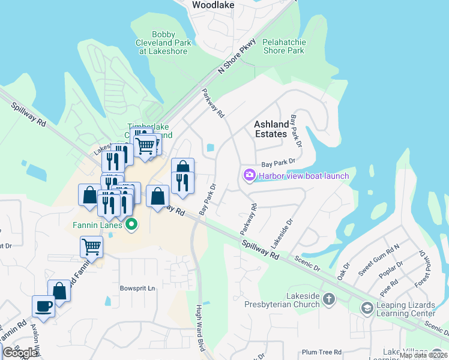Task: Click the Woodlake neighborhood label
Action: (212, 5)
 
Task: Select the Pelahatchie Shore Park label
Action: (283, 46)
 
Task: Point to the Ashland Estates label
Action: (271, 129)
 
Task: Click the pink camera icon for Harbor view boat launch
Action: (249, 175)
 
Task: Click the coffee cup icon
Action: (44, 305)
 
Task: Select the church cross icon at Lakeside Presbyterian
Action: (328, 299)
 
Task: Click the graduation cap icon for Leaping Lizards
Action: (367, 308)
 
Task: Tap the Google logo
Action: (20, 353)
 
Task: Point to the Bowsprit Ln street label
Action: (137, 288)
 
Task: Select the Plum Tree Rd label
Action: (322, 352)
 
